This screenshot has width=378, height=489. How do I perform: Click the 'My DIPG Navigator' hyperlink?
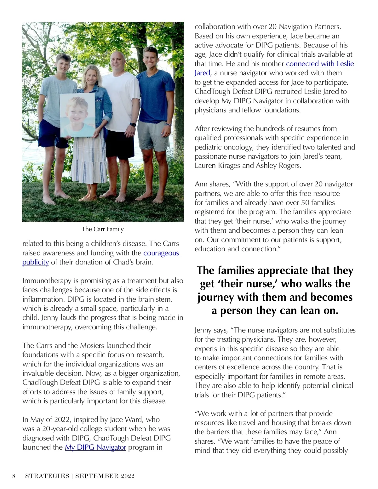point(95,447)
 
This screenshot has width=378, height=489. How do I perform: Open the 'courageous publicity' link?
point(162,253)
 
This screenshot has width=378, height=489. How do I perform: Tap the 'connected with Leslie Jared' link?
point(320,64)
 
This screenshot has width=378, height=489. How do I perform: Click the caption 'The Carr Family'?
point(103,229)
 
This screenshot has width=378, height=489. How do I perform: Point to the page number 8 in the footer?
point(14,476)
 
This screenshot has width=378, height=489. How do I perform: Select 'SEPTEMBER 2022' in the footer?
point(105,476)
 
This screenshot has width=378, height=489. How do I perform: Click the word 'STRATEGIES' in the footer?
point(47,476)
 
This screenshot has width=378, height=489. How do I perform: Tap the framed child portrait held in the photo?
point(77,115)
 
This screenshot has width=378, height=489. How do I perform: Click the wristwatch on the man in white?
point(133,125)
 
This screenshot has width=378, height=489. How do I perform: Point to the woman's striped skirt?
point(89,161)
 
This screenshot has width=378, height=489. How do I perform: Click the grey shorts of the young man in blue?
point(153,135)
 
